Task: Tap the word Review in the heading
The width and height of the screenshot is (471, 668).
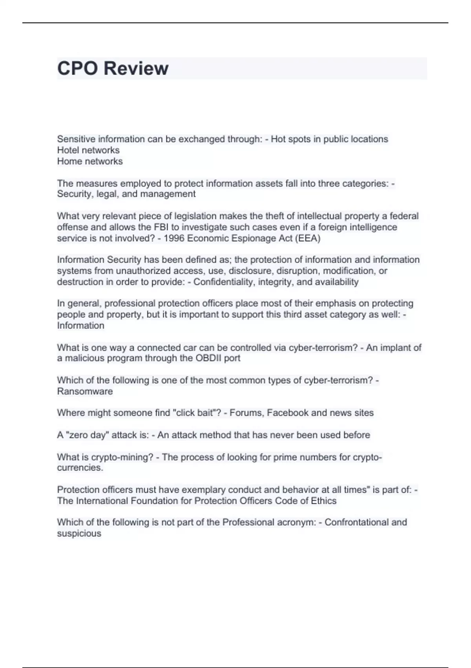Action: click(x=136, y=68)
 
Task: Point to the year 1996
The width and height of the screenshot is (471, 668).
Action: click(x=174, y=238)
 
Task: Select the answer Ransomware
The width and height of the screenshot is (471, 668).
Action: click(x=85, y=391)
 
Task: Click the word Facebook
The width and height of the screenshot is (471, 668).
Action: click(x=288, y=413)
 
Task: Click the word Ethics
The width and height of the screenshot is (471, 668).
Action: click(x=324, y=501)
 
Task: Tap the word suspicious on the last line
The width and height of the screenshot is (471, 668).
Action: click(x=79, y=533)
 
